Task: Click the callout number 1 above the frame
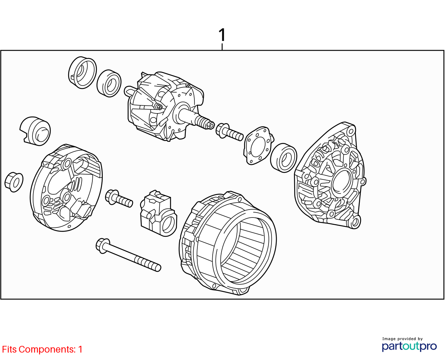(222, 35)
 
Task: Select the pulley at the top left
(82, 72)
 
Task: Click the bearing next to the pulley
(109, 83)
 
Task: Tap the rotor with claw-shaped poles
(166, 106)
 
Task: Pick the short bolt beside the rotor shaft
(229, 132)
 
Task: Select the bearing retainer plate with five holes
(258, 146)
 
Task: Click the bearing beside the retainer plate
(283, 158)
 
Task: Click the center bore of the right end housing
(342, 183)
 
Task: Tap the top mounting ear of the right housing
(351, 131)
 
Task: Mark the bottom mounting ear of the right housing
(355, 222)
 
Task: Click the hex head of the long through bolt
(102, 245)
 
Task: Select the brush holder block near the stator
(158, 213)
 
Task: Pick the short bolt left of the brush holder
(119, 198)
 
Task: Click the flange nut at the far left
(14, 182)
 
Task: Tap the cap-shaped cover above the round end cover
(35, 131)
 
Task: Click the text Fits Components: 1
(42, 349)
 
